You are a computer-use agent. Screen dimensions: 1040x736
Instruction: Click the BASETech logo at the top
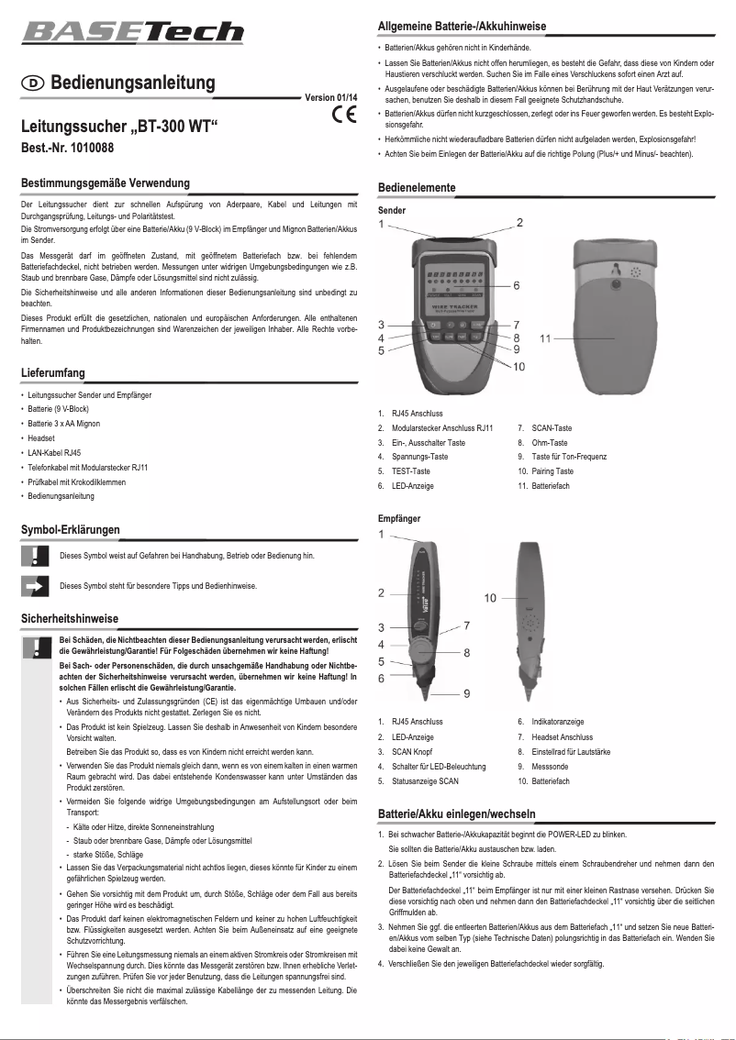(x=133, y=32)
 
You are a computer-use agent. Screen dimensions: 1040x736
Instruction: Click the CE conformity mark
(x=344, y=116)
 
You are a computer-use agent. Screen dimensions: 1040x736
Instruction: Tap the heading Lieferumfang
(x=53, y=372)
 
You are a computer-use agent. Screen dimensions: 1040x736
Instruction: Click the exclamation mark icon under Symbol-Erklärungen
(x=34, y=556)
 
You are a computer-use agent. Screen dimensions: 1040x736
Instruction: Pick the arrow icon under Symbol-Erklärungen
(x=34, y=585)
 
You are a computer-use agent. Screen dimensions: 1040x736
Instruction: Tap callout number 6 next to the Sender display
(x=517, y=286)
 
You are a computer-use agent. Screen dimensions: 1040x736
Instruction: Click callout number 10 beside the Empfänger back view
(x=490, y=598)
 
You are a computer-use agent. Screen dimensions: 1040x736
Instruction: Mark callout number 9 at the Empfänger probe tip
(x=467, y=693)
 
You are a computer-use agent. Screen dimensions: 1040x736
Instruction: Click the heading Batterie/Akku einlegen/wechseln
(x=457, y=814)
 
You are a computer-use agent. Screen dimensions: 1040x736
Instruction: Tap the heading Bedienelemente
(x=417, y=187)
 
